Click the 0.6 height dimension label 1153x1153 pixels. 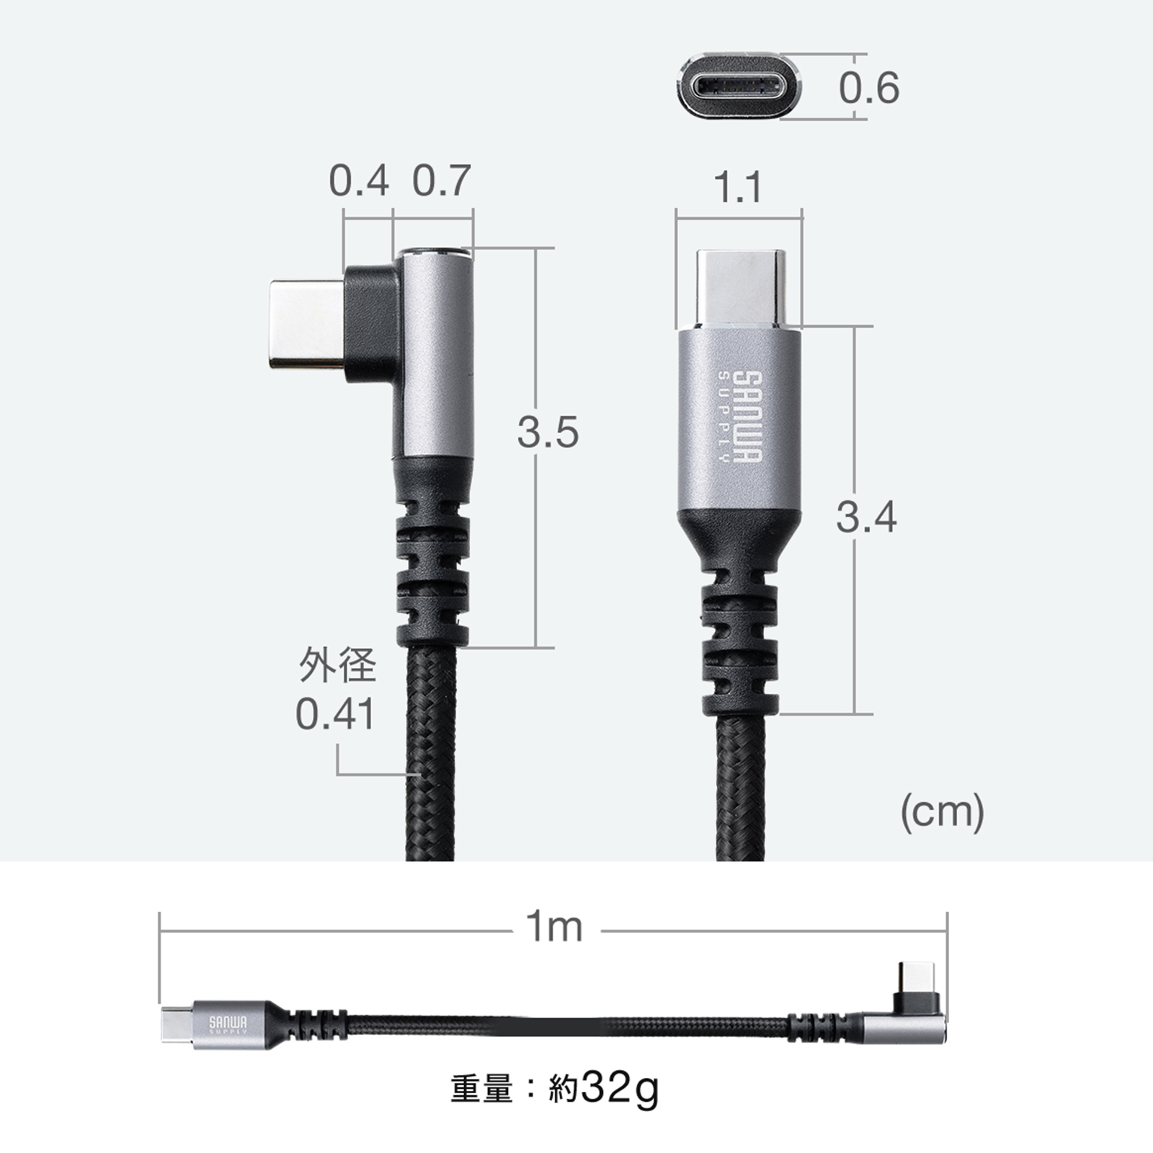pyautogui.click(x=868, y=88)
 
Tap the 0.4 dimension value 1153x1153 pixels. pyautogui.click(x=359, y=180)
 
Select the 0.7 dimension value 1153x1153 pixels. pyautogui.click(x=441, y=180)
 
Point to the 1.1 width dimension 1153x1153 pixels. pyautogui.click(x=739, y=187)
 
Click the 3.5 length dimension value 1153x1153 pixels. pyautogui.click(x=548, y=432)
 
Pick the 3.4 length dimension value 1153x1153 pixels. pyautogui.click(x=866, y=517)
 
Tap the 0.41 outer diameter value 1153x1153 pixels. pyautogui.click(x=335, y=714)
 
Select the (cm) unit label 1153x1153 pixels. pyautogui.click(x=942, y=813)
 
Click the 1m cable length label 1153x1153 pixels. pyautogui.click(x=553, y=927)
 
